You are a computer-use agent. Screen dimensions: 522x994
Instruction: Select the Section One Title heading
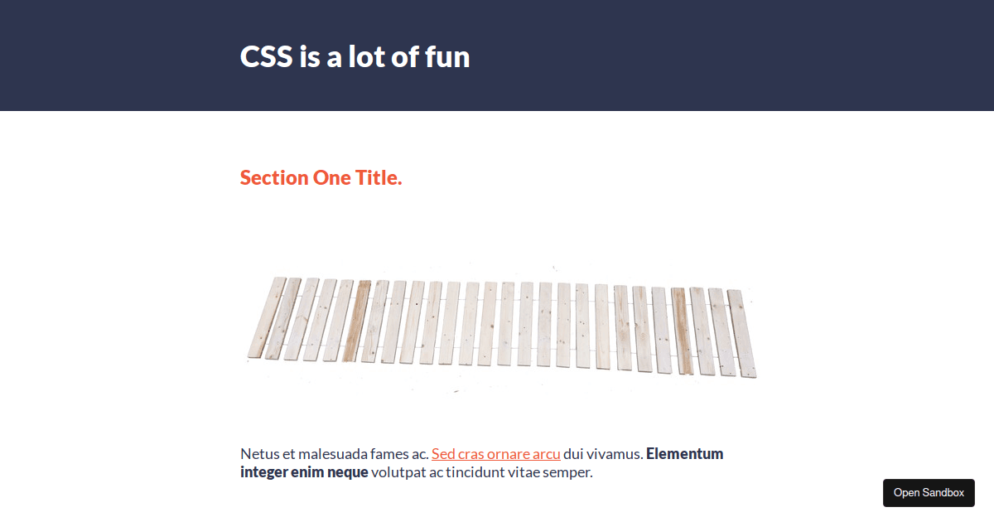tap(321, 177)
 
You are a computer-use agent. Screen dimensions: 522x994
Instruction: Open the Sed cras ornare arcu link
tap(495, 454)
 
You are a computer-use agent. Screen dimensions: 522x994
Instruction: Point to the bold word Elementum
tap(684, 454)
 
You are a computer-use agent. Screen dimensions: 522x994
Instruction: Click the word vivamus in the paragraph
tap(613, 454)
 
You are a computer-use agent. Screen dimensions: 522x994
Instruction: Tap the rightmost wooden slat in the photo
tap(741, 333)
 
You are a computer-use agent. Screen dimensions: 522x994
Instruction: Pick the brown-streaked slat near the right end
tap(682, 331)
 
